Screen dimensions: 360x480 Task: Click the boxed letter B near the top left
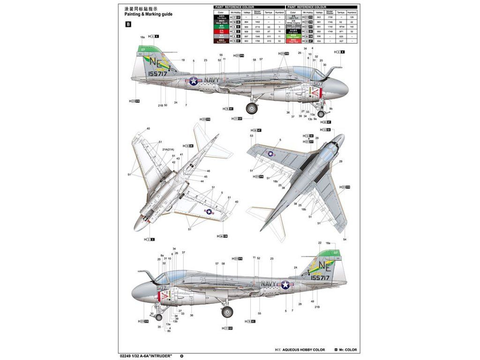(x=128, y=25)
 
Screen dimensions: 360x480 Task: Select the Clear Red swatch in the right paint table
(x=293, y=41)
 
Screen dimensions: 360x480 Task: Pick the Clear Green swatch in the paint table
(x=293, y=36)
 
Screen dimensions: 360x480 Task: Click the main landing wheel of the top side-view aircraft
(x=252, y=109)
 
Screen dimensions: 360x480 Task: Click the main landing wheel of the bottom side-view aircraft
(x=227, y=312)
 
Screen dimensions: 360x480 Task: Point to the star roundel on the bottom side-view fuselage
(x=285, y=285)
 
